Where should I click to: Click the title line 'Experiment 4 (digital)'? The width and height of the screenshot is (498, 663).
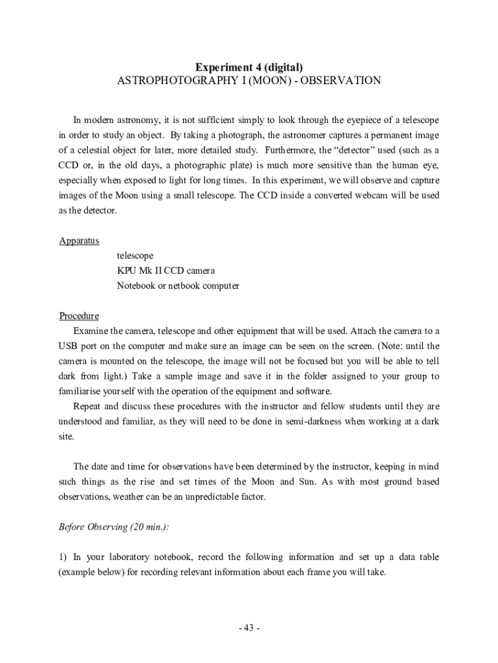(249, 67)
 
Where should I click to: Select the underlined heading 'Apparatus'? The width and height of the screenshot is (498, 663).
(79, 241)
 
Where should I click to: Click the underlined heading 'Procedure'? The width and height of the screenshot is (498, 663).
(79, 316)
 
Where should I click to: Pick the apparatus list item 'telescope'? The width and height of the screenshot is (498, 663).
(135, 256)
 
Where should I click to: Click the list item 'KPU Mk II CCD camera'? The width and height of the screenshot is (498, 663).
(166, 271)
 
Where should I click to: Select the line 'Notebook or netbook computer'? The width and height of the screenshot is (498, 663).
(178, 286)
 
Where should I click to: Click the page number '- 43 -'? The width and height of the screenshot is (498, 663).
(249, 628)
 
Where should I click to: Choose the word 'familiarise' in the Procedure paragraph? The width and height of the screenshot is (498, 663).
(80, 391)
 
